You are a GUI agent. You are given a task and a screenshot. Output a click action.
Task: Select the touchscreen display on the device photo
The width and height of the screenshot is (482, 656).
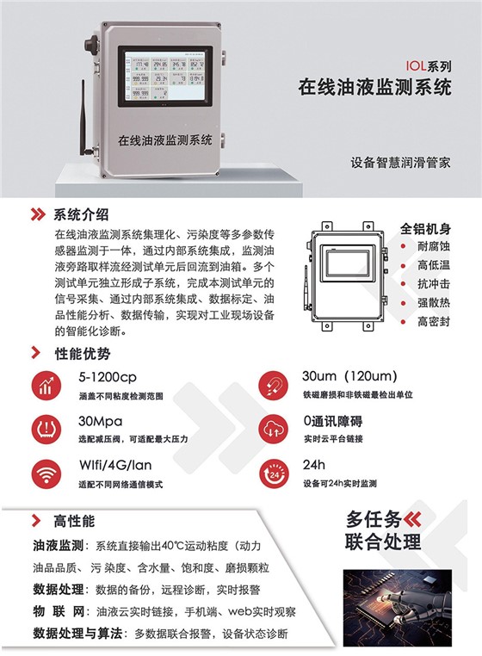pos(164,76)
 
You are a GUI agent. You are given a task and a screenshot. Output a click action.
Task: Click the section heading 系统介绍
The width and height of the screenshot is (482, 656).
pos(81,214)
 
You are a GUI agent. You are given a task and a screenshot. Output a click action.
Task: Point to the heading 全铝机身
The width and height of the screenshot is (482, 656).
pos(427,228)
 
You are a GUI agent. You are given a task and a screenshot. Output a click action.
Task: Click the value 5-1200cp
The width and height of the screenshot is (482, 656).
pos(107,377)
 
